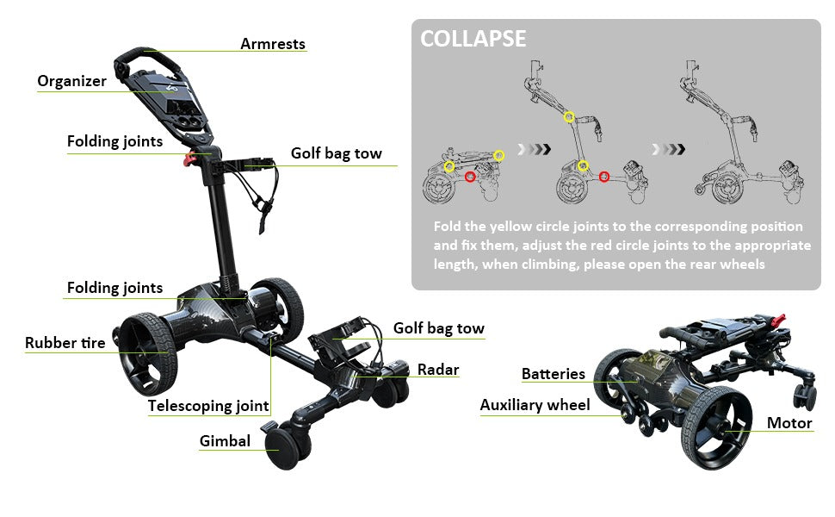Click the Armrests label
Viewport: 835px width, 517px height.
(273, 44)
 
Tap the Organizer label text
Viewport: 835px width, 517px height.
(72, 81)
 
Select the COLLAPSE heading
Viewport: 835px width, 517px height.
(473, 39)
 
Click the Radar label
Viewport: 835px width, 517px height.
(438, 370)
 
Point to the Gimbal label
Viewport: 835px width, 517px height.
(225, 441)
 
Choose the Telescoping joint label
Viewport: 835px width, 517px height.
(208, 406)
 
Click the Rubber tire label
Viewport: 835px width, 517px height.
(65, 343)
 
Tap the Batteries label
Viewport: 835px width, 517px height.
(554, 374)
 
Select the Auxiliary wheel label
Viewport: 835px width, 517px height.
(535, 405)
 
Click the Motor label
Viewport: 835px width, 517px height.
(789, 423)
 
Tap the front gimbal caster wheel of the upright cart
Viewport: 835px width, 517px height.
(282, 449)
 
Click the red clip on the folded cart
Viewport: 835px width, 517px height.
(777, 320)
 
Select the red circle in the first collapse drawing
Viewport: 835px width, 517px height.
(470, 177)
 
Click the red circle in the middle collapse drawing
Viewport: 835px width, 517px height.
(604, 177)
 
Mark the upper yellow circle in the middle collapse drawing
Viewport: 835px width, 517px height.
(569, 116)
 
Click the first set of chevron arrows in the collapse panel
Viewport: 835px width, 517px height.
(534, 149)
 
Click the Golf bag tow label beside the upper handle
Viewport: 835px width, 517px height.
(336, 153)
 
